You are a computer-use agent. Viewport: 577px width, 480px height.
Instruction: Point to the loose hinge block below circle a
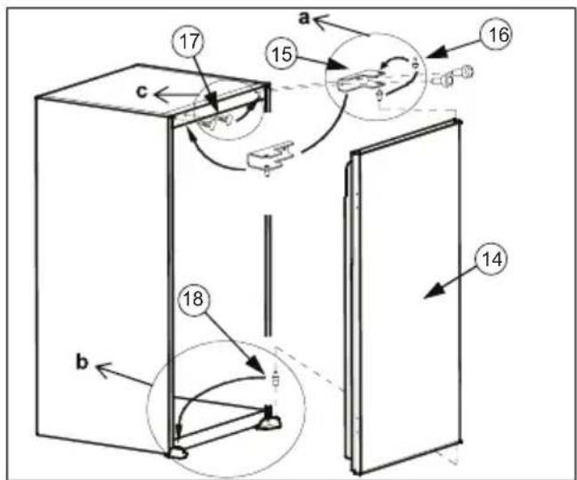269,158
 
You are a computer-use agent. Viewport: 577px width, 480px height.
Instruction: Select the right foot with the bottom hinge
269,418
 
